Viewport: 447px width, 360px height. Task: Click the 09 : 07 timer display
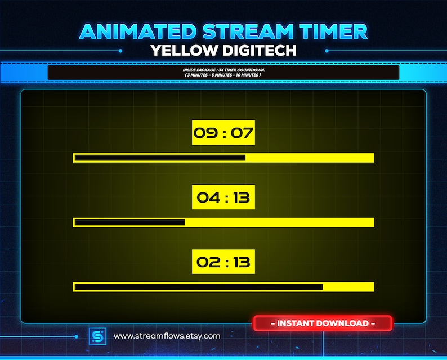[223, 133]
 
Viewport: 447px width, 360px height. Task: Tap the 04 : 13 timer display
[223, 197]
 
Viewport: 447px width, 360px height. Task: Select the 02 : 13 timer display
[223, 262]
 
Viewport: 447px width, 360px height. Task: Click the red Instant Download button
[323, 323]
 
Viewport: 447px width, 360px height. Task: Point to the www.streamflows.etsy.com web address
[167, 336]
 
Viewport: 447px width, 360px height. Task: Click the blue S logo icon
[97, 336]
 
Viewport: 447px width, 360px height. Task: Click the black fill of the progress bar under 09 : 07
[160, 157]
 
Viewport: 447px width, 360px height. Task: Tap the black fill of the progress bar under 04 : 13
[129, 222]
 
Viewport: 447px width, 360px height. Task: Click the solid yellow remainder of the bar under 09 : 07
[310, 157]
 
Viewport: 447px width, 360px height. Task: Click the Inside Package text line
[223, 70]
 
